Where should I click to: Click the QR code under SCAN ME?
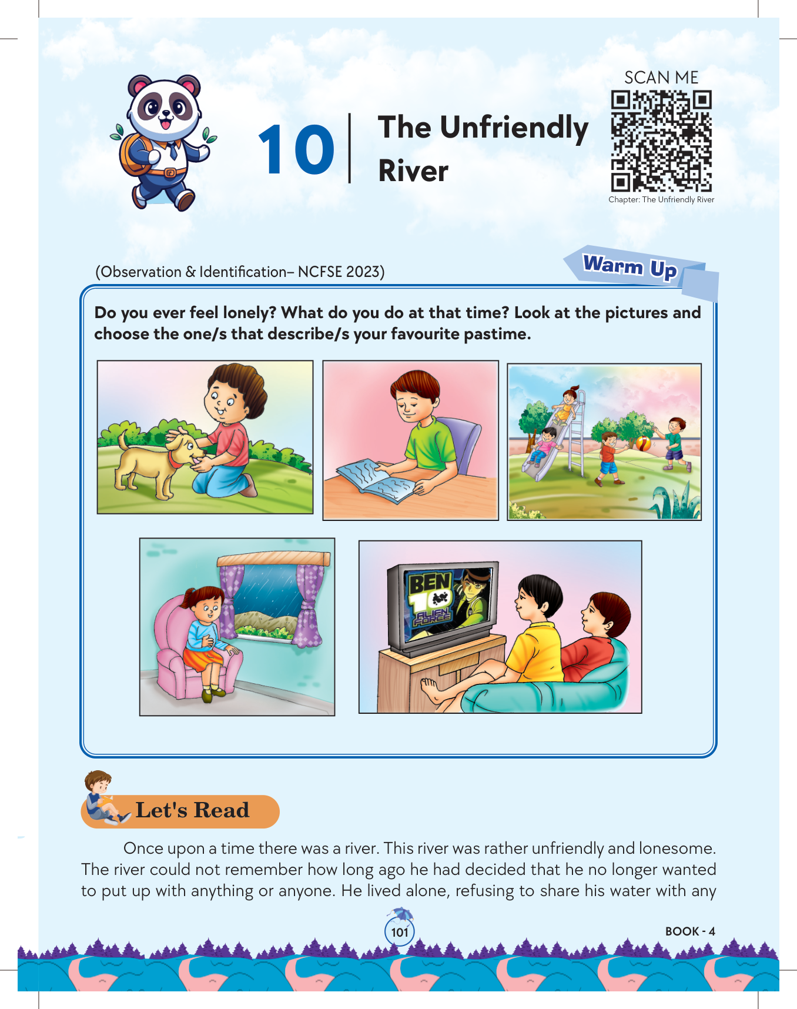(661, 141)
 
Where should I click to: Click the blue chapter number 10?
(296, 150)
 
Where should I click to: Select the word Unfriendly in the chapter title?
(514, 129)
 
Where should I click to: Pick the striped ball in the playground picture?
(644, 443)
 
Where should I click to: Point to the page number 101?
(400, 933)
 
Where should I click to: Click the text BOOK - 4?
(690, 931)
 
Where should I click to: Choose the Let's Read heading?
(192, 810)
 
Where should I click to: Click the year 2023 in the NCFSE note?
(365, 272)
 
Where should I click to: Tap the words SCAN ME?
(661, 78)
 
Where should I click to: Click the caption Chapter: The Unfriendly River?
(661, 200)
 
